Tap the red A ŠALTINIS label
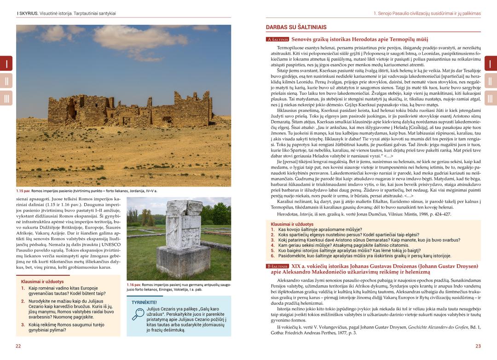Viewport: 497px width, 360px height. (x=277, y=40)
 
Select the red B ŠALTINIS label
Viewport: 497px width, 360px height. (x=277, y=266)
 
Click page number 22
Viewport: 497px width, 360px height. (x=18, y=346)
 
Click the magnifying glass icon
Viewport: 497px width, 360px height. (x=138, y=314)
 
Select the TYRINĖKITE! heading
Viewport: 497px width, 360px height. (x=144, y=302)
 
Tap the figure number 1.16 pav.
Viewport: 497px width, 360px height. (x=134, y=285)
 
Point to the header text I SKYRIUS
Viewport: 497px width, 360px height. (x=28, y=13)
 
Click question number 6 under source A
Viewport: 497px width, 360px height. (x=272, y=256)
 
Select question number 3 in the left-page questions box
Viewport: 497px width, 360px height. (x=23, y=325)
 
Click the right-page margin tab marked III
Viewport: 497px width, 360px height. (x=490, y=98)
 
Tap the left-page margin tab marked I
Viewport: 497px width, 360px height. (x=6, y=63)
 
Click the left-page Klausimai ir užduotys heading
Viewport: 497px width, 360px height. (x=42, y=281)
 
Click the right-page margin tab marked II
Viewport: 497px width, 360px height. (x=490, y=81)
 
